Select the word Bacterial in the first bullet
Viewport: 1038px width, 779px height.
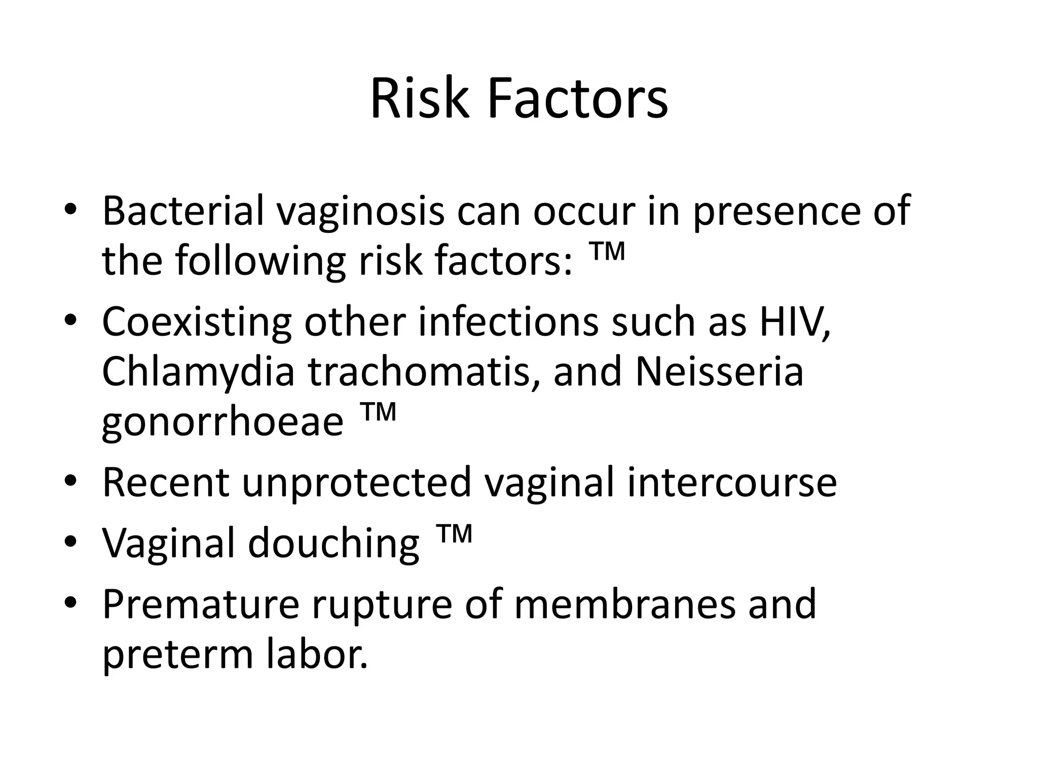(x=183, y=210)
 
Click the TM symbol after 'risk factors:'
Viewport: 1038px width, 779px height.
(x=607, y=252)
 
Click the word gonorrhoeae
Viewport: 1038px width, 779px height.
(x=223, y=422)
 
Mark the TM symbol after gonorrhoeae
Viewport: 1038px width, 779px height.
(x=378, y=412)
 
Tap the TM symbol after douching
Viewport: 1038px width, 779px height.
(x=454, y=534)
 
